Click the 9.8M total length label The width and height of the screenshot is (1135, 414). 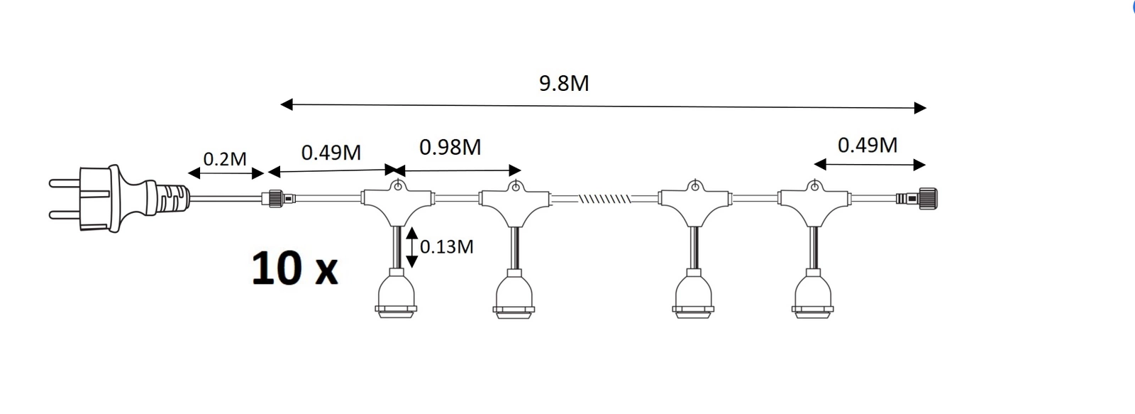564,83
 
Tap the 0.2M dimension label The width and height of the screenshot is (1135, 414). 224,159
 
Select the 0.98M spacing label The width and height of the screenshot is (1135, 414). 450,146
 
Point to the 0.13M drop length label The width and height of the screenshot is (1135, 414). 446,246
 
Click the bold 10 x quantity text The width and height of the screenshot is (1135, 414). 294,268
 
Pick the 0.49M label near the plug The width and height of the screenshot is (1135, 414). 331,152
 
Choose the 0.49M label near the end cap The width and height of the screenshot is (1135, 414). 868,145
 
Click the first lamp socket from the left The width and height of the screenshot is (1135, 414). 397,293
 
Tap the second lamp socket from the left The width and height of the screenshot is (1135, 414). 514,293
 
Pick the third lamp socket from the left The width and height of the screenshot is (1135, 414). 693,293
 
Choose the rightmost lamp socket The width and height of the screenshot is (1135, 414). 813,293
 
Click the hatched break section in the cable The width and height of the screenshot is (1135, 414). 604,198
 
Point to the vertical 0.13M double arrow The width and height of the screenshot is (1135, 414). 412,247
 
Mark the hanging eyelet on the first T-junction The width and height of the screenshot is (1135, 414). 398,185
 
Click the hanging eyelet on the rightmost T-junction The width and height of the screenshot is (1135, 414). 814,185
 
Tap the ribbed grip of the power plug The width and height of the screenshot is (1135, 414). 172,198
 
